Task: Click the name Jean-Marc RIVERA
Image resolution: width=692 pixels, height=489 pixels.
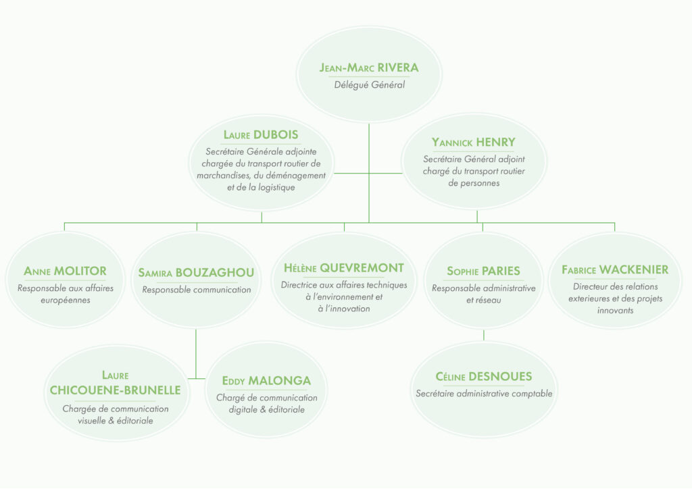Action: pos(369,68)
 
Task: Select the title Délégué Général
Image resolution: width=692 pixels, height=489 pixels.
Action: pos(369,85)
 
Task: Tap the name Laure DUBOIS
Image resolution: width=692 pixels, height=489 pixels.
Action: pos(261,134)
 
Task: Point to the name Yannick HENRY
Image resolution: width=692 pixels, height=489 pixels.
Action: pos(474,142)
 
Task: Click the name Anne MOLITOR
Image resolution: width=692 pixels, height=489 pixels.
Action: pos(66,271)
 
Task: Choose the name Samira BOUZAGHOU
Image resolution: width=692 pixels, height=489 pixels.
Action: pos(196,273)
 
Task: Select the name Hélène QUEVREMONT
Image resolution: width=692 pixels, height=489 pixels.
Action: pos(344,267)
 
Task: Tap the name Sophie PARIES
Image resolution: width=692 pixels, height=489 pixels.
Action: pos(483,271)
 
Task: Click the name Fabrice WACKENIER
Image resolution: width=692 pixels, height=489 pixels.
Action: pos(615,269)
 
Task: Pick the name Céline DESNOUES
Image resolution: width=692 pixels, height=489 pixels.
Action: pos(484,376)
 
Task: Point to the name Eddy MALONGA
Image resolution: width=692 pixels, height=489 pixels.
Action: pos(266,380)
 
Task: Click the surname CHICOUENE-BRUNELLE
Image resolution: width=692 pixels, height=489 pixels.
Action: pos(116,390)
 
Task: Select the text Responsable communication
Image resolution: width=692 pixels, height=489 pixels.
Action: pos(196,290)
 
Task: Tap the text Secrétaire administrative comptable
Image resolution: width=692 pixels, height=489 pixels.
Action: pos(484,394)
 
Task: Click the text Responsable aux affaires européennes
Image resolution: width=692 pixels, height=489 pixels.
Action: pos(66,294)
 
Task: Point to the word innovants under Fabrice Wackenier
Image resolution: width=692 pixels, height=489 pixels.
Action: pos(615,311)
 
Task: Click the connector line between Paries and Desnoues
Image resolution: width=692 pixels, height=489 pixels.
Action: pos(484,335)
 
